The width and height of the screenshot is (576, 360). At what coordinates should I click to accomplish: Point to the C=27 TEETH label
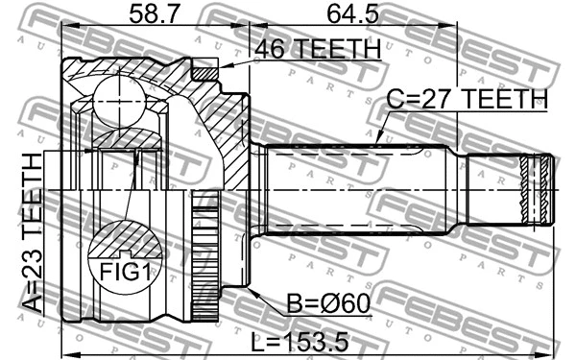pos(467,100)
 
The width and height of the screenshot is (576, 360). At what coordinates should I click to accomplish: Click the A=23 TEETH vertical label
pos(32,234)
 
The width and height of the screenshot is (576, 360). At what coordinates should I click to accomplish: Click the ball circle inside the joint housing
pos(119,98)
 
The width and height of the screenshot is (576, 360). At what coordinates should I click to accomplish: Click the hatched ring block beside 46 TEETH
pos(204,69)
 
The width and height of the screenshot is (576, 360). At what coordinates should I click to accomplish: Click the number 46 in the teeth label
pos(265,47)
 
